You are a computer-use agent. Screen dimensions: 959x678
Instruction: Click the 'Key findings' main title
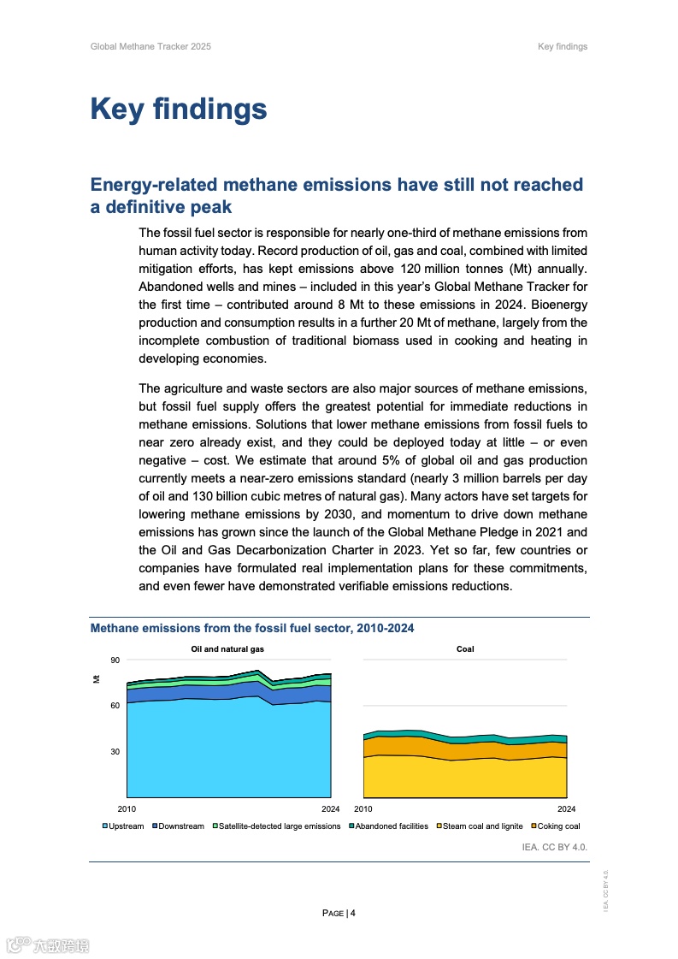tap(179, 110)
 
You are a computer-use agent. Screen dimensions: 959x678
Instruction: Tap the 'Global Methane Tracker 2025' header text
tap(150, 46)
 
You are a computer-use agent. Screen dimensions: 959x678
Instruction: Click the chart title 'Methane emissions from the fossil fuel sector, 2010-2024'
tap(252, 629)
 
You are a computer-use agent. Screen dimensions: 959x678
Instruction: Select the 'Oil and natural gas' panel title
tap(227, 649)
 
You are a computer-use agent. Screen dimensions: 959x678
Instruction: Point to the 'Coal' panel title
tap(465, 649)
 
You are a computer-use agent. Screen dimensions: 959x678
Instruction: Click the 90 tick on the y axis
tap(115, 660)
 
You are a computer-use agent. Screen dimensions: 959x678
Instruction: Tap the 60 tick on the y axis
tap(115, 706)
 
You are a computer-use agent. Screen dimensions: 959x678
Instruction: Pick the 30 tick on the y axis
tap(115, 752)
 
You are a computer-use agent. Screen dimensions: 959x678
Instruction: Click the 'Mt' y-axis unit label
tap(96, 679)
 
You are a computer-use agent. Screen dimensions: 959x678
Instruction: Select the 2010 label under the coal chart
tap(363, 808)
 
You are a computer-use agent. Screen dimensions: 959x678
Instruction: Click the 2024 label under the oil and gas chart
tap(330, 808)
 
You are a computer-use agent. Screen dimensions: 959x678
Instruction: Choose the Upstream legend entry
tap(123, 826)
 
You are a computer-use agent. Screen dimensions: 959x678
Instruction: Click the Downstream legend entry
tap(179, 826)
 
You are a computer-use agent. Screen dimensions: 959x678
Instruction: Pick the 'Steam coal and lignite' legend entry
tap(480, 826)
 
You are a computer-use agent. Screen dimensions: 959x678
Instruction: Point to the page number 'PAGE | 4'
tap(339, 913)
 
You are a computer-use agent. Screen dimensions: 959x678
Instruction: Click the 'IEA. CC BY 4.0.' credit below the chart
tap(555, 846)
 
